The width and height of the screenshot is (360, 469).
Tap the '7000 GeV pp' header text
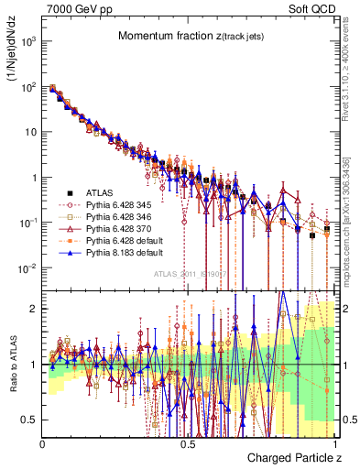(76, 7)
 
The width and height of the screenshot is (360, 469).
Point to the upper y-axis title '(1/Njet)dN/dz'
(13, 54)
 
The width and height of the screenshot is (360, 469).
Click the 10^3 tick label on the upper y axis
(28, 42)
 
